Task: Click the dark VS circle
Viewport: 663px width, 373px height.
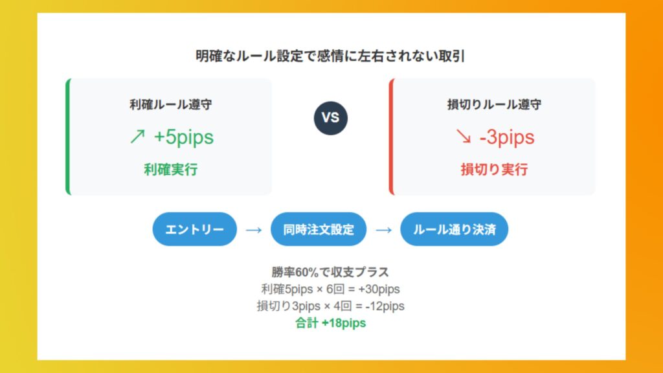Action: [331, 118]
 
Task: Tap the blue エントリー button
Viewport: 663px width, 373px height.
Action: [194, 229]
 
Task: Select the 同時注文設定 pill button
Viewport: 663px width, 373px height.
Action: [319, 229]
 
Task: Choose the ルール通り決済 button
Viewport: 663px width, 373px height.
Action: [454, 229]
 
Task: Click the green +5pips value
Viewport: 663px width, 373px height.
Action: [184, 137]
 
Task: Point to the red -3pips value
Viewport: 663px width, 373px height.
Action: [507, 137]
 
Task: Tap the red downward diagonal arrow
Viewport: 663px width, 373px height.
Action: [464, 136]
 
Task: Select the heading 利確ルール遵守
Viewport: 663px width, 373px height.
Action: [171, 104]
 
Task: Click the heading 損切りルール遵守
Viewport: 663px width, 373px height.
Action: [494, 104]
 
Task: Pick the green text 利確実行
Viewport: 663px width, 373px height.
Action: [171, 170]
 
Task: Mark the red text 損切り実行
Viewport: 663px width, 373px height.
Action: [494, 170]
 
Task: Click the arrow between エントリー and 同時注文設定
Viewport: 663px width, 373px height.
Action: [254, 230]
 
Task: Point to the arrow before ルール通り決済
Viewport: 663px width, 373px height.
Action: [383, 230]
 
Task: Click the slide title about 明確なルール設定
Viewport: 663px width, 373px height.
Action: [330, 56]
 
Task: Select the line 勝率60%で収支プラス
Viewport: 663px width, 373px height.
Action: [330, 272]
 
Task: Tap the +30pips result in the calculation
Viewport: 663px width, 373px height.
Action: [379, 289]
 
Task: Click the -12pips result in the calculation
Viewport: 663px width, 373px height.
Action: [385, 306]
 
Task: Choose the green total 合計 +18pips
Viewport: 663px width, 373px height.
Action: [330, 323]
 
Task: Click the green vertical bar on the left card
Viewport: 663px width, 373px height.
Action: [67, 137]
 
